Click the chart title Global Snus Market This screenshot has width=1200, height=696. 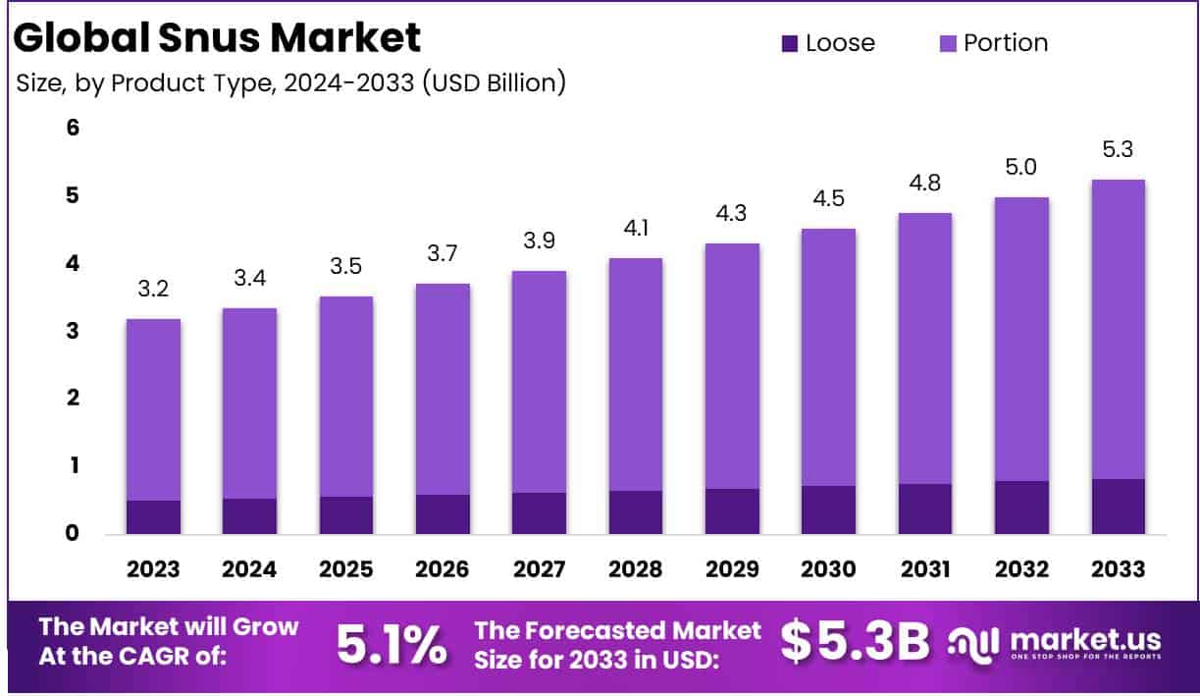(218, 37)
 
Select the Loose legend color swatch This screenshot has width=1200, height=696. (790, 43)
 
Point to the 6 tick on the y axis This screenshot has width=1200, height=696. (73, 128)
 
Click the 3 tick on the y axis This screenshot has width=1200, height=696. (73, 331)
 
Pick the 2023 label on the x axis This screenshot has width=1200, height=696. (153, 568)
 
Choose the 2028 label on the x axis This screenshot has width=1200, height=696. (635, 568)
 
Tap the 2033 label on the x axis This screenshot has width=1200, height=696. (1118, 568)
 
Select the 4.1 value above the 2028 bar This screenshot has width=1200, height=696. (635, 230)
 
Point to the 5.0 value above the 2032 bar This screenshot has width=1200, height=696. (1021, 168)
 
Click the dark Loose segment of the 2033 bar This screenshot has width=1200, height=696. (1118, 507)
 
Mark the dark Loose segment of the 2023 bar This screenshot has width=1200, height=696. (153, 517)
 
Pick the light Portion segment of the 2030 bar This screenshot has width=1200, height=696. (828, 357)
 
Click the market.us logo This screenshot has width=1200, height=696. (1056, 643)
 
